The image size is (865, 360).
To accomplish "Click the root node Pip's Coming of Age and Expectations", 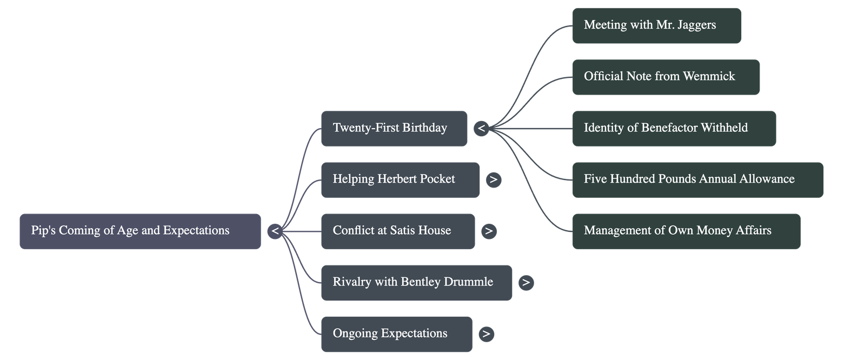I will click(x=140, y=231).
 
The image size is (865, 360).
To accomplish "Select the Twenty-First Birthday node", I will click(x=394, y=129).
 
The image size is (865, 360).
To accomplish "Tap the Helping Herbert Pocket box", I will click(x=400, y=180).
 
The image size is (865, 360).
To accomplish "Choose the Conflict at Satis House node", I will click(x=397, y=231).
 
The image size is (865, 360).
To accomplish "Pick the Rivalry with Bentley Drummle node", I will click(x=416, y=283).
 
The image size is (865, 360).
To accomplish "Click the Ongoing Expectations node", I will click(x=396, y=334).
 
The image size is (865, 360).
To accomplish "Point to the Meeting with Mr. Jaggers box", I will click(x=656, y=25).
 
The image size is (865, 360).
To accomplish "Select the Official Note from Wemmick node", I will click(x=666, y=77).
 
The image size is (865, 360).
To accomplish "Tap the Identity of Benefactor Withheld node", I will click(x=674, y=129).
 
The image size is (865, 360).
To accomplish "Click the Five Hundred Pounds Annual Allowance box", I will click(x=697, y=180).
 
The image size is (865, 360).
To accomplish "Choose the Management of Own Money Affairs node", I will click(x=686, y=231).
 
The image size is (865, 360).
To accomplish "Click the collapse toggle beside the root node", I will click(x=275, y=231).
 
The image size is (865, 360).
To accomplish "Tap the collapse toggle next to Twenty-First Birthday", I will click(x=481, y=129).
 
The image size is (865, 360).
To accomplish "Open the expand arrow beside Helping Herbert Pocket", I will click(x=493, y=180).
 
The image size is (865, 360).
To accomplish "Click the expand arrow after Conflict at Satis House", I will click(x=489, y=231).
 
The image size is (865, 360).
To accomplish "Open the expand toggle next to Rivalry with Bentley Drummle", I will click(x=526, y=283).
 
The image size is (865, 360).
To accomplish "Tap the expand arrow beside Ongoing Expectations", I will click(x=486, y=334).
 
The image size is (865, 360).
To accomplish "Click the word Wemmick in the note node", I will click(x=709, y=77).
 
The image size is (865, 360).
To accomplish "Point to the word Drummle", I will click(x=468, y=282).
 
